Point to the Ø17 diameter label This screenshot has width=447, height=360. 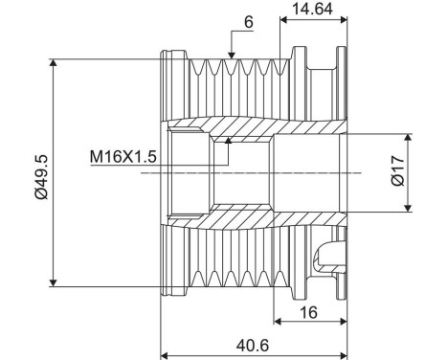coord(423,173)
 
